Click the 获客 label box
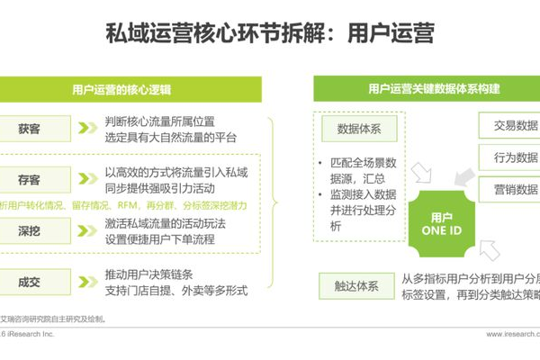(x=30, y=129)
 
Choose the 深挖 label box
(x=30, y=231)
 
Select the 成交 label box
(x=30, y=282)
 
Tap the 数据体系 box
(x=358, y=129)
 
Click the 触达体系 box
(x=358, y=287)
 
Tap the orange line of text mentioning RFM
(x=117, y=204)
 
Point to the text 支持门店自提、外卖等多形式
(x=175, y=291)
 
